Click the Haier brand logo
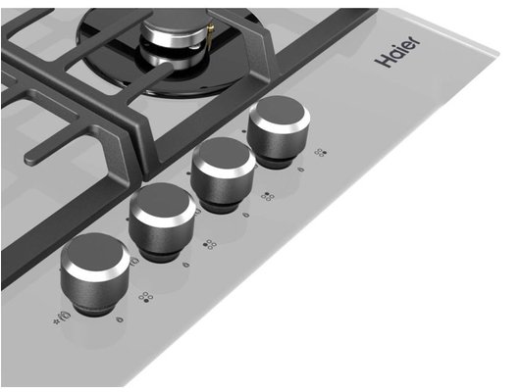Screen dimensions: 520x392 click(x=397, y=51)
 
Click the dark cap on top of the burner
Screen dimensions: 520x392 click(x=175, y=24)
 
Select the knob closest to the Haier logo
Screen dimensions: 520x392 click(x=280, y=131)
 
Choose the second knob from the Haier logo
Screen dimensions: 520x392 click(x=223, y=174)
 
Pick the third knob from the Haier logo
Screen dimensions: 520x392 click(x=162, y=221)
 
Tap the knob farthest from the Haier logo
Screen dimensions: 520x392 click(x=95, y=273)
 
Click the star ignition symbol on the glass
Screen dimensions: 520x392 click(x=56, y=321)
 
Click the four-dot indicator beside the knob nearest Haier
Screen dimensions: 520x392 click(x=321, y=153)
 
